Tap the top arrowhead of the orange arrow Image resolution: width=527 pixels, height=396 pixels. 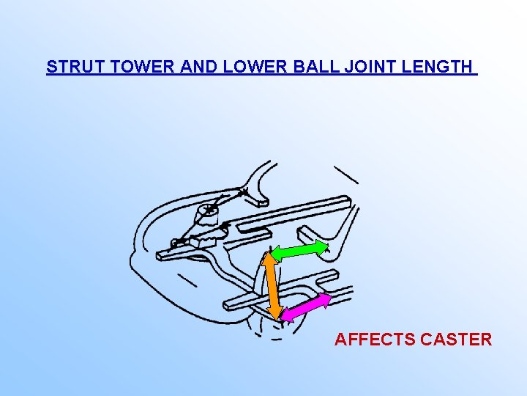click(269, 255)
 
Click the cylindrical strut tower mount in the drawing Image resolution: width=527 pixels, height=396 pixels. click(208, 214)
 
